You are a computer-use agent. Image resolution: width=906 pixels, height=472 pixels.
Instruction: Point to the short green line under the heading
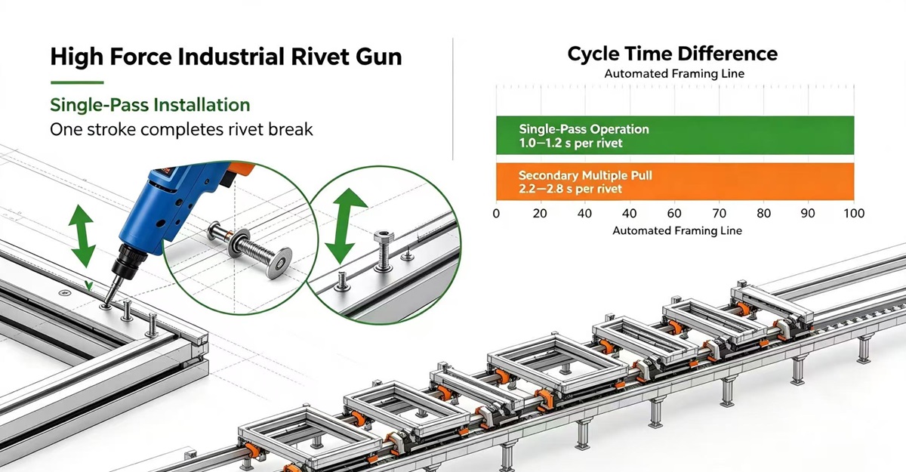pyautogui.click(x=77, y=82)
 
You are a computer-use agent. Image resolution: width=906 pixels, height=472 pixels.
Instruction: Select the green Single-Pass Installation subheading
pyautogui.click(x=150, y=105)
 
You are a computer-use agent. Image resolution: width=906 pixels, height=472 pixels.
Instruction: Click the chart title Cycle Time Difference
pyautogui.click(x=672, y=54)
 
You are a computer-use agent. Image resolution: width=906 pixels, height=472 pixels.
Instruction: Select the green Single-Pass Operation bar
pyautogui.click(x=675, y=135)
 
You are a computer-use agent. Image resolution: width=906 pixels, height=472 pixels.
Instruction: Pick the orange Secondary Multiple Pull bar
pyautogui.click(x=675, y=181)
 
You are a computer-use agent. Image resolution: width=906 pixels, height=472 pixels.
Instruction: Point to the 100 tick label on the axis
pyautogui.click(x=854, y=213)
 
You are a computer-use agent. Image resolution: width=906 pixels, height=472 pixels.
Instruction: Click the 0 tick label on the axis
pyautogui.click(x=496, y=213)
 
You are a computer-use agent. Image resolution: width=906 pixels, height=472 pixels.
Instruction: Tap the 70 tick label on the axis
pyautogui.click(x=719, y=213)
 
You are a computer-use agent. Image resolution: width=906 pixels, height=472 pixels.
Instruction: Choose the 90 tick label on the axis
pyautogui.click(x=808, y=213)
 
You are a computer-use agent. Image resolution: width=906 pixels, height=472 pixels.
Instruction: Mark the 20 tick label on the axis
pyautogui.click(x=540, y=213)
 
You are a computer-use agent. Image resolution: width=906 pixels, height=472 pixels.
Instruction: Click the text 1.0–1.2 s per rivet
pyautogui.click(x=571, y=143)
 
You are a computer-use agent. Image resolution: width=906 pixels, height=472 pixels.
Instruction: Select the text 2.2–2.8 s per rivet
pyautogui.click(x=570, y=189)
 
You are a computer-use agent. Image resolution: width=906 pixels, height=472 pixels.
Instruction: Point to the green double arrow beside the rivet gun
pyautogui.click(x=82, y=236)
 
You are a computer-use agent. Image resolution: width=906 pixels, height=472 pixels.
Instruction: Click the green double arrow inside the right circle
pyautogui.click(x=345, y=225)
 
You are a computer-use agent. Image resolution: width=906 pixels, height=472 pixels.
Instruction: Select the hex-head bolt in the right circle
pyautogui.click(x=383, y=251)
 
